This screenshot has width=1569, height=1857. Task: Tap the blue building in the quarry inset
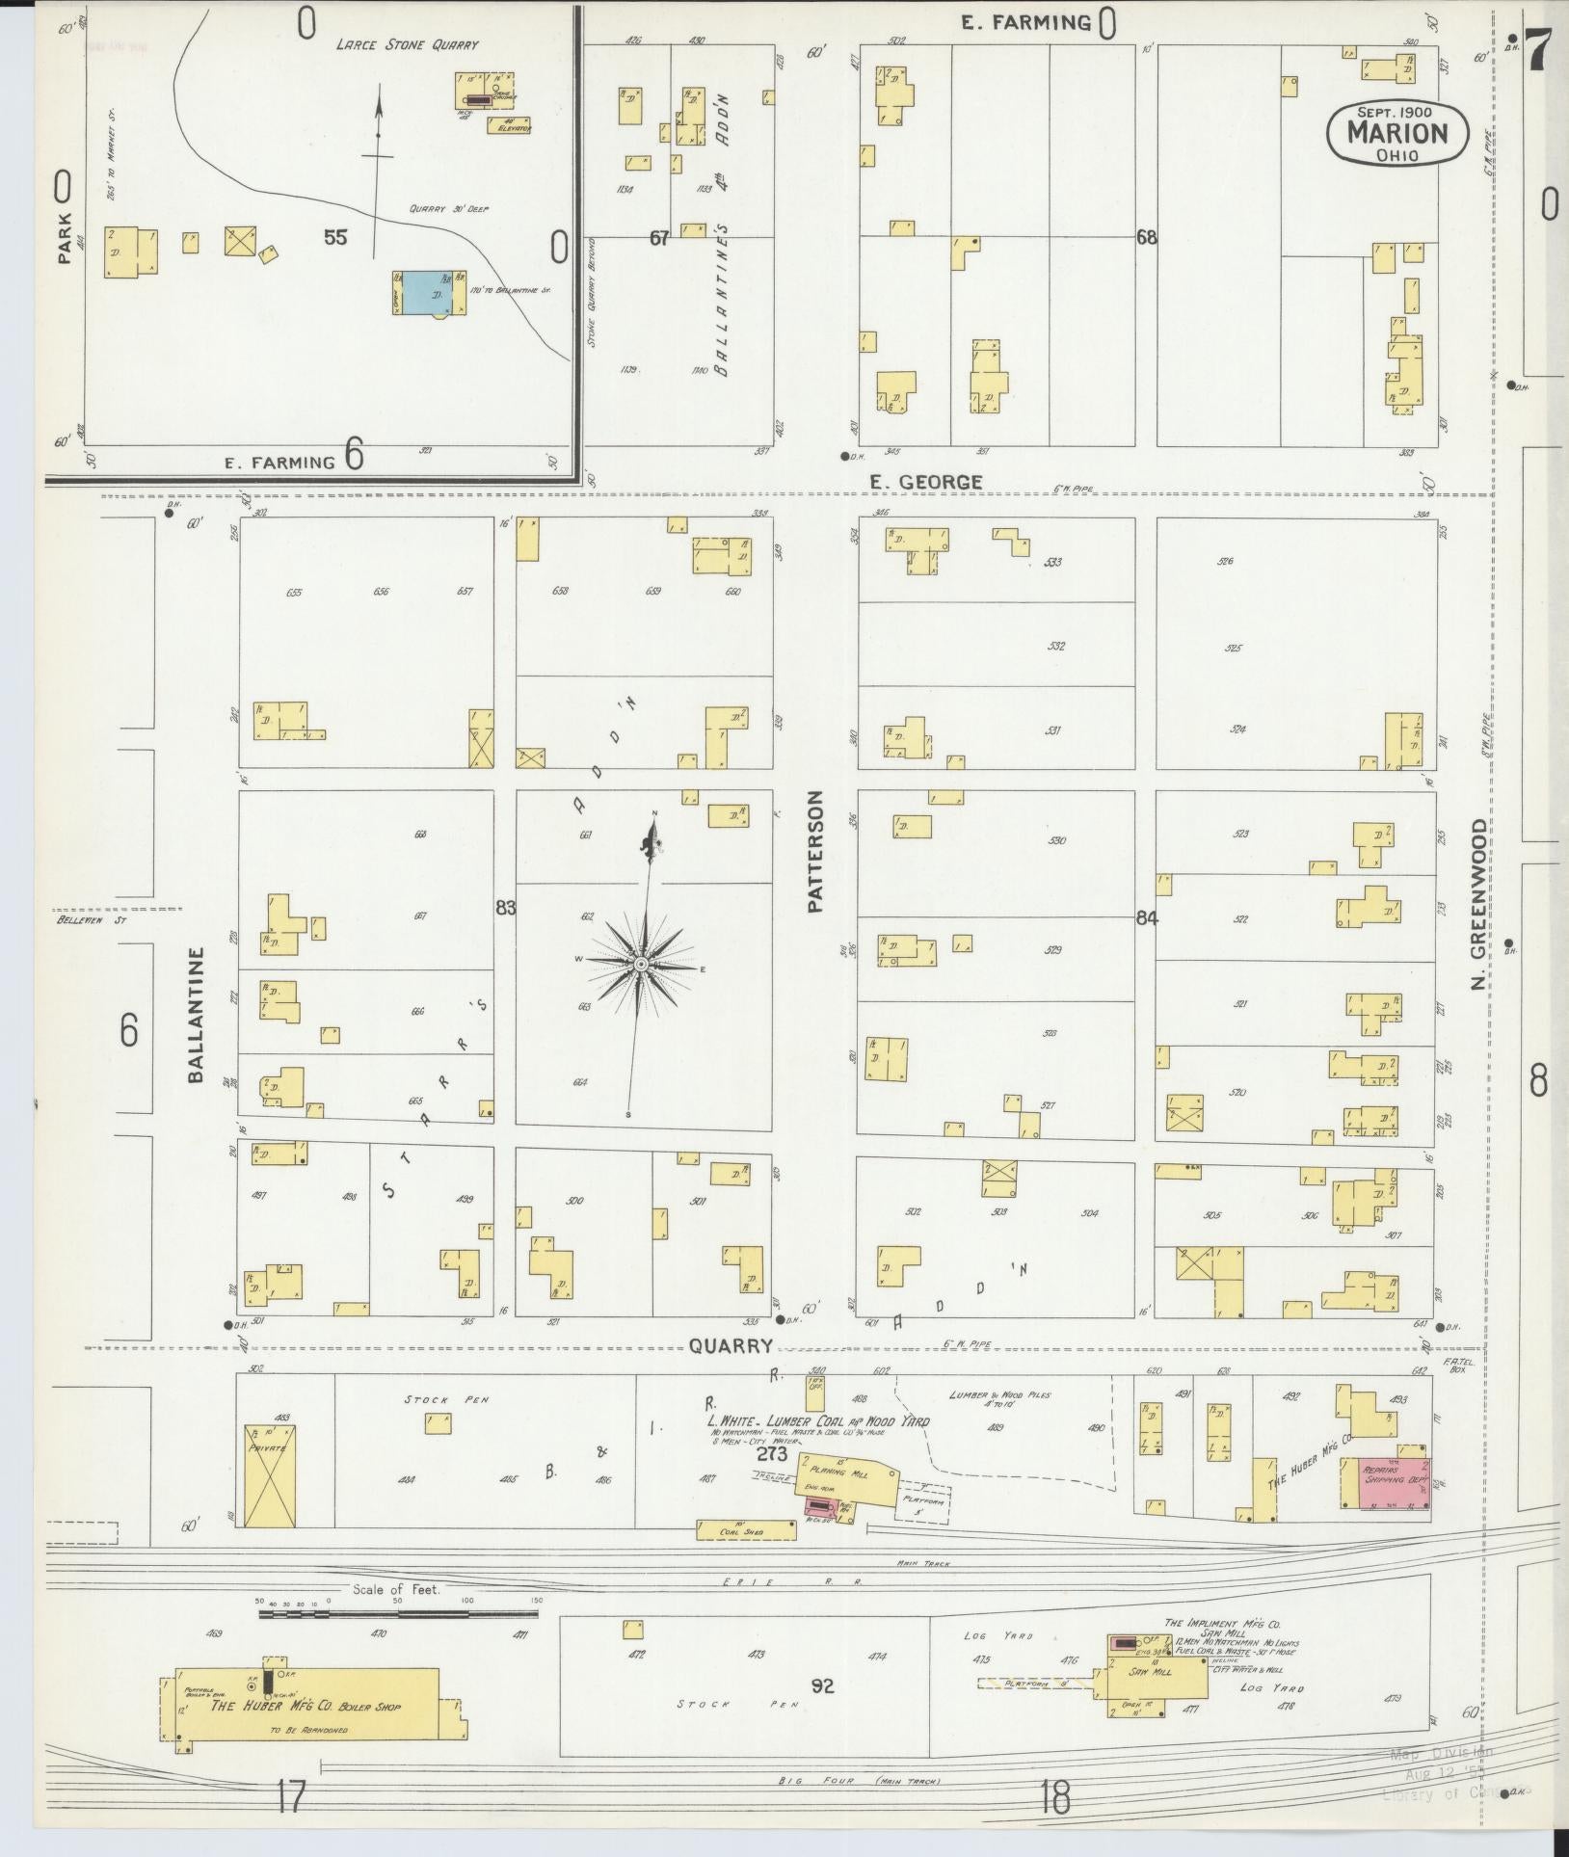[431, 291]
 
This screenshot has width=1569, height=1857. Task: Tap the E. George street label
[925, 482]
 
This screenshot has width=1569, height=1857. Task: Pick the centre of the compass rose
[640, 964]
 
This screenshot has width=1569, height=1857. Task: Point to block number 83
[505, 907]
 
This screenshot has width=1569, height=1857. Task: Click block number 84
[1146, 918]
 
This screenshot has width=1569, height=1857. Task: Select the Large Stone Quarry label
[407, 44]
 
